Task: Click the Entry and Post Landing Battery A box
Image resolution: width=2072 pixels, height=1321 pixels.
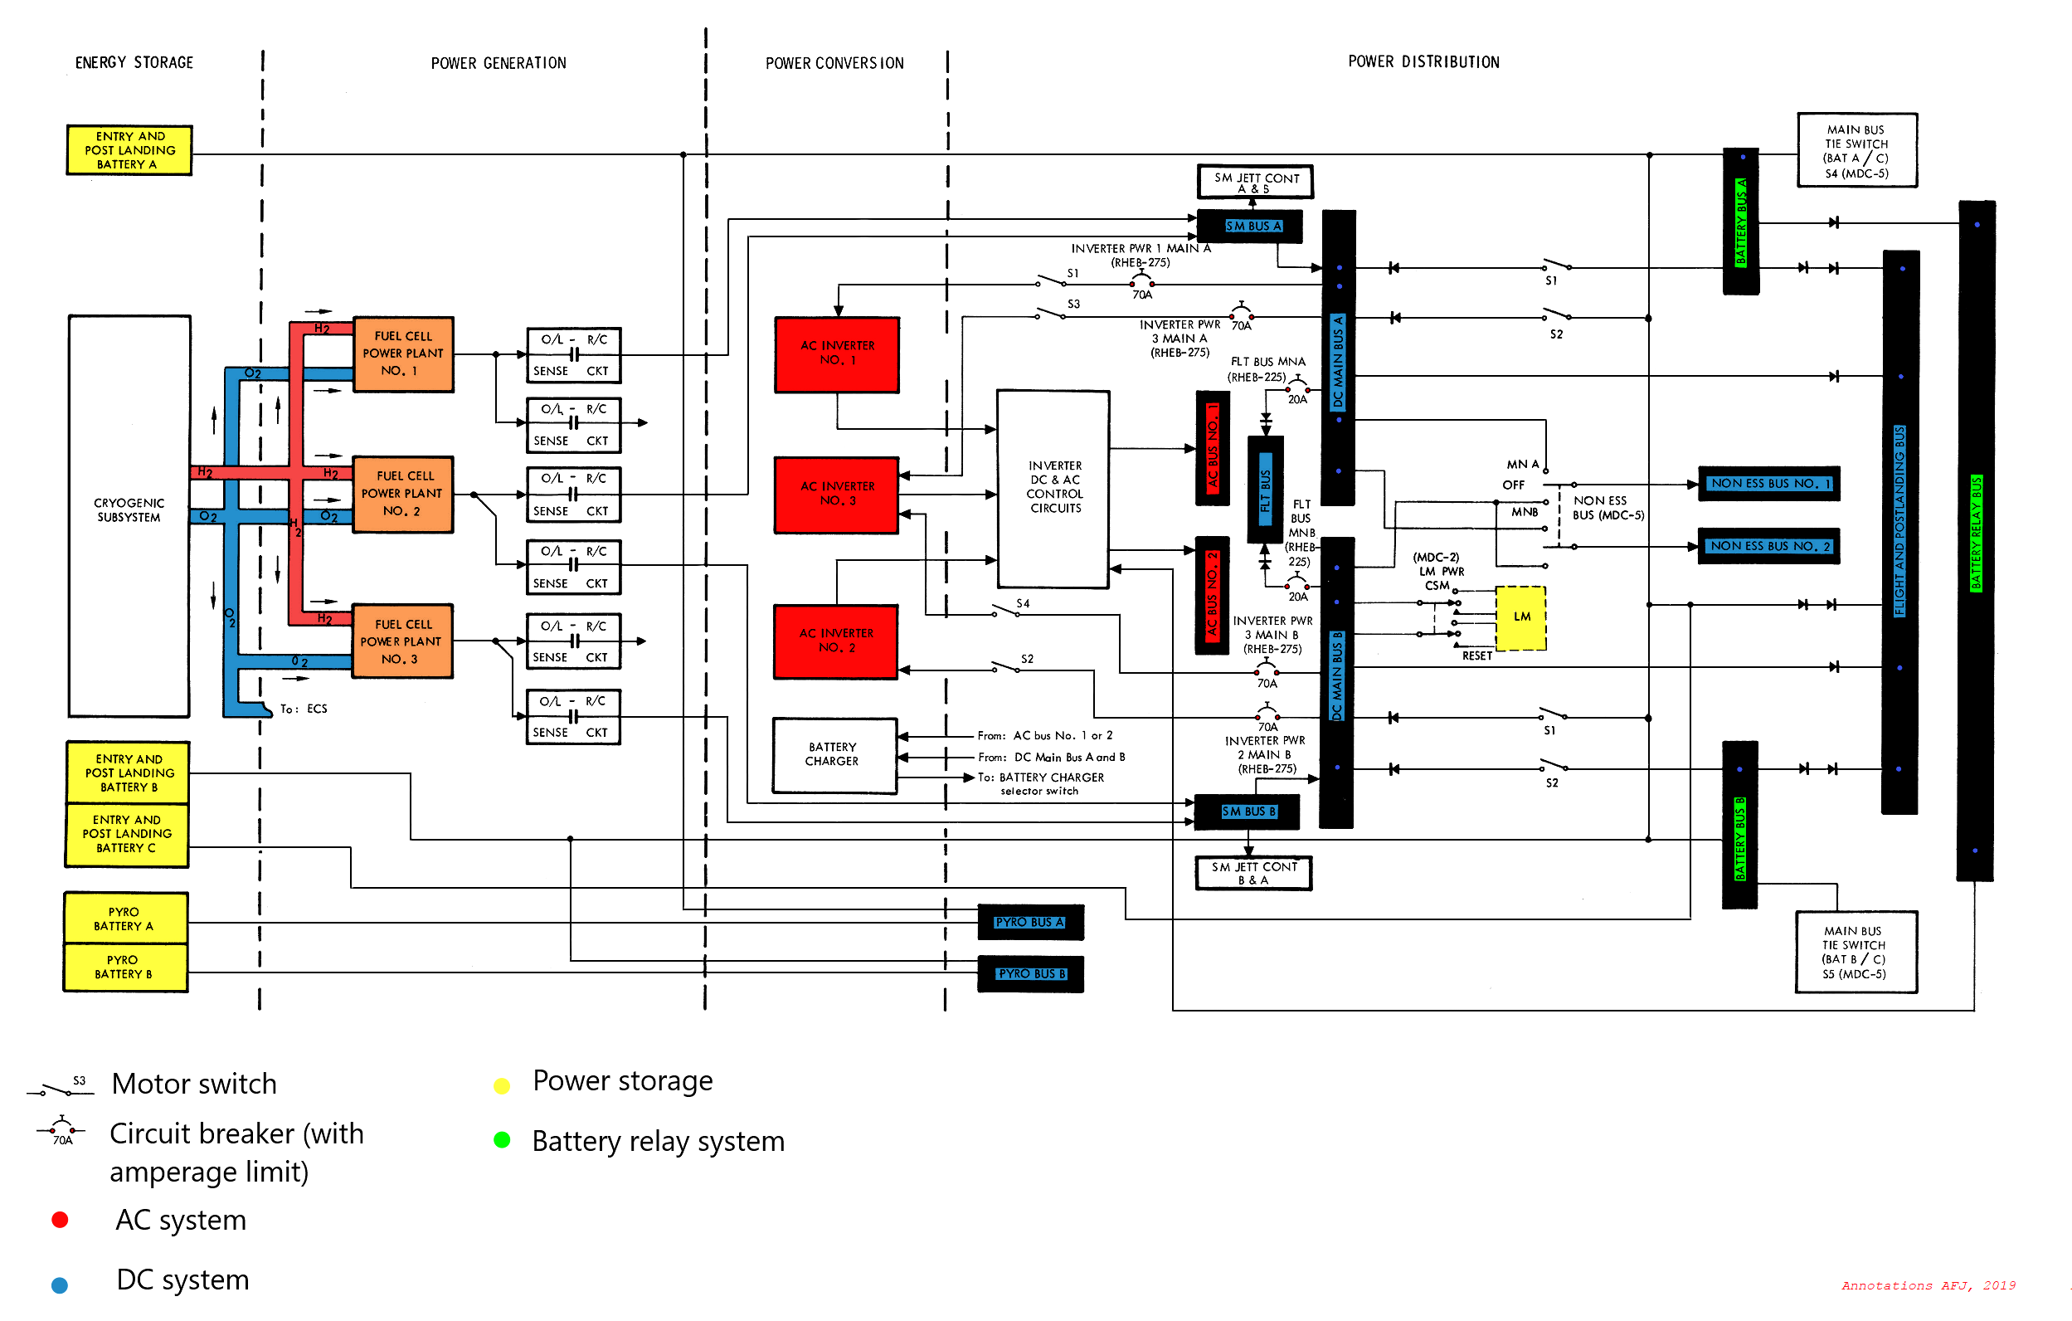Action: (129, 149)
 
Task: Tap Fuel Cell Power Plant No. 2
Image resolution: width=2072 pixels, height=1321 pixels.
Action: (402, 494)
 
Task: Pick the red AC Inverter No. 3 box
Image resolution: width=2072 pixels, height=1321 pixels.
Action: (836, 494)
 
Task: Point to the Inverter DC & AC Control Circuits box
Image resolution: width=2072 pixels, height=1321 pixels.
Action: (1053, 488)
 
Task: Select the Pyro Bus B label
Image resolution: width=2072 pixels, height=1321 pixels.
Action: (1031, 973)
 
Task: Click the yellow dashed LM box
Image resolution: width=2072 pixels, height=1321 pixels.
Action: (1520, 617)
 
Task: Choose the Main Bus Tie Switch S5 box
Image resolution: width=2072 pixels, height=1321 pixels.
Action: (1856, 951)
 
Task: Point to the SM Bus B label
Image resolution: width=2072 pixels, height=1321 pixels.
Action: (1248, 812)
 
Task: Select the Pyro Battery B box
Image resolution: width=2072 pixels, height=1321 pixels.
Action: (125, 968)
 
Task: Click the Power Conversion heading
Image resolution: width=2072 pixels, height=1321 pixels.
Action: (834, 63)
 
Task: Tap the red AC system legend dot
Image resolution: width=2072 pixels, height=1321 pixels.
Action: (60, 1220)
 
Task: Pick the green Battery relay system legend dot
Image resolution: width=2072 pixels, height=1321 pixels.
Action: (503, 1140)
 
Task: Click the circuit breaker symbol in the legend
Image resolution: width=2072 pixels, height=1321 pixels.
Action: (61, 1128)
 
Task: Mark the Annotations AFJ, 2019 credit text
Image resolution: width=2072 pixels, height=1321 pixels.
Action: (1928, 1285)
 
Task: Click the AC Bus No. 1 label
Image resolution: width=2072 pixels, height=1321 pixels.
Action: (1213, 446)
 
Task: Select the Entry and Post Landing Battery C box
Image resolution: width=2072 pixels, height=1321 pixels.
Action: (128, 834)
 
